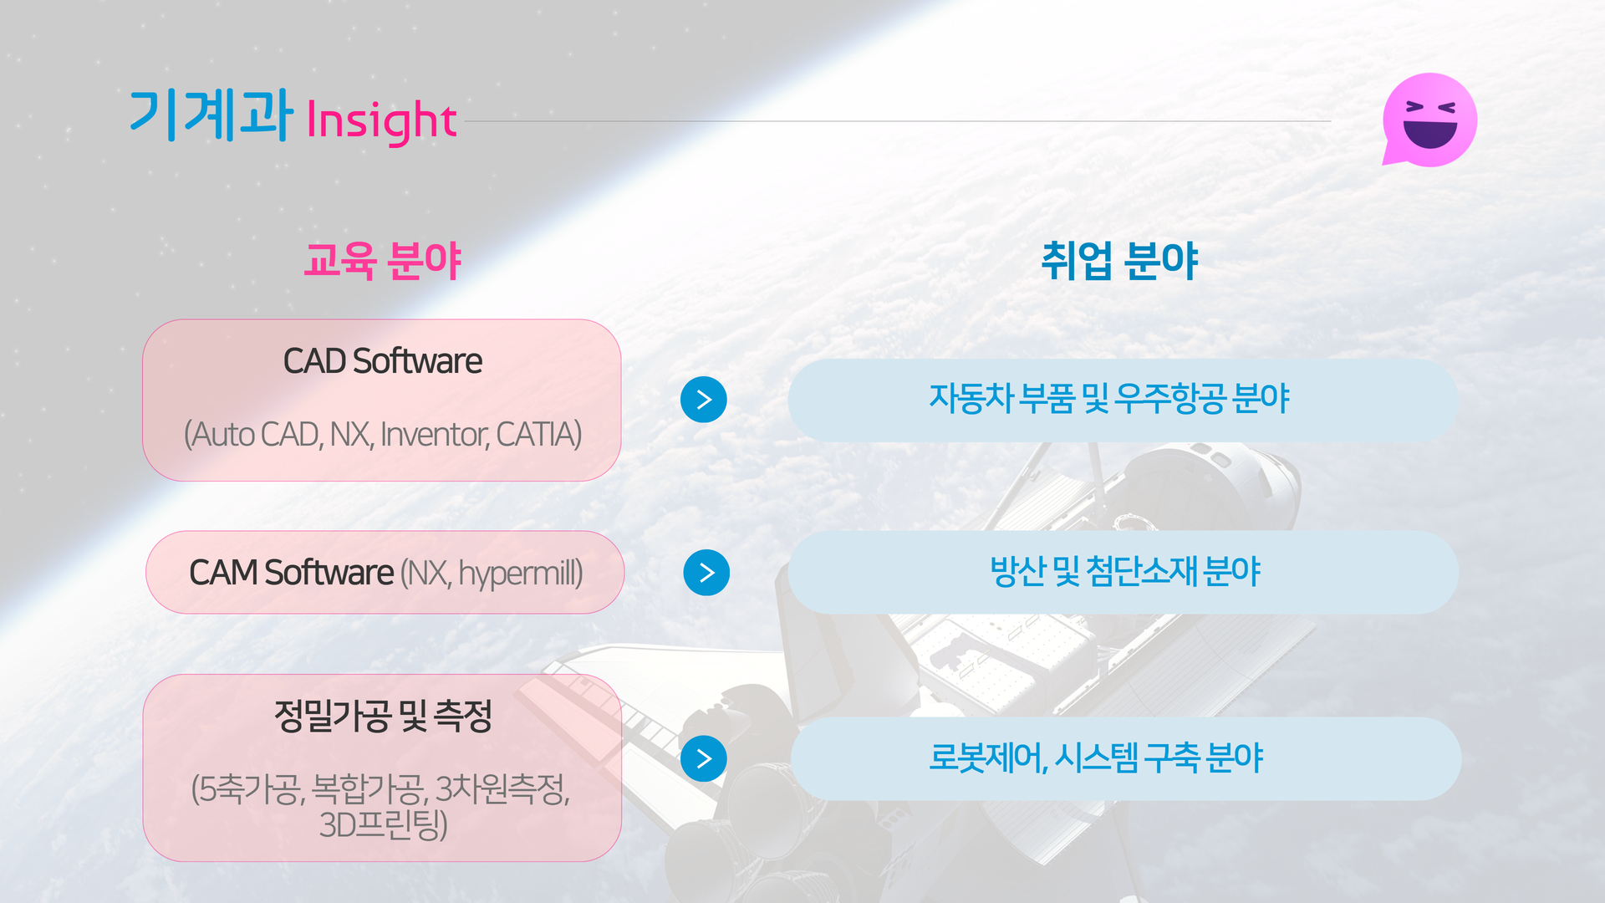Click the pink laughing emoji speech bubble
(1429, 120)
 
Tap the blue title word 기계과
(211, 115)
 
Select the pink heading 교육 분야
(382, 260)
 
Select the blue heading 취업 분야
(1119, 260)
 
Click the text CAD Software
(383, 361)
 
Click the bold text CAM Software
(291, 573)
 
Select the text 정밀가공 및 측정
(383, 716)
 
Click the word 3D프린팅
(383, 824)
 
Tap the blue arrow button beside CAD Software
(704, 400)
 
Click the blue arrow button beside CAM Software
(706, 573)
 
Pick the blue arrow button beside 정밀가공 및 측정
(704, 758)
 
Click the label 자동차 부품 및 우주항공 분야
(1109, 399)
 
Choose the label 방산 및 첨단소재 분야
(1124, 572)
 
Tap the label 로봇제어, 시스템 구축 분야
(1096, 758)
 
